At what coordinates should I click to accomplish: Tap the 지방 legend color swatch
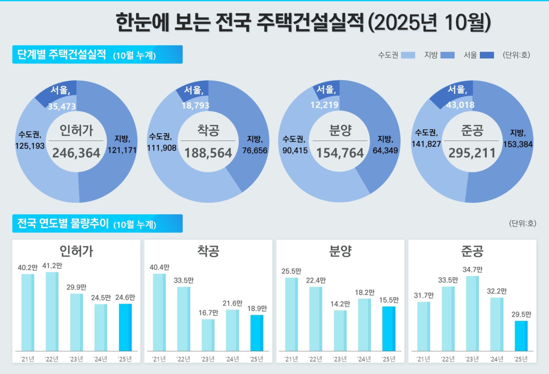[x=448, y=55]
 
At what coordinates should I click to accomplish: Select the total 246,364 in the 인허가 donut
[x=76, y=153]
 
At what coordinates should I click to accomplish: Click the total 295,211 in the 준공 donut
[x=473, y=153]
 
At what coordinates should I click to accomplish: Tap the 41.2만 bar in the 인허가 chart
[x=52, y=311]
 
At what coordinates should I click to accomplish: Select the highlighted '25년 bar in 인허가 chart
[x=125, y=327]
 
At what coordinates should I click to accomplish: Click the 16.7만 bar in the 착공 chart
[x=208, y=335]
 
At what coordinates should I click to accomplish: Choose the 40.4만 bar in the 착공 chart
[x=159, y=312]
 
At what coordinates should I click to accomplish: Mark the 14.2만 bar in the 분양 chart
[x=340, y=331]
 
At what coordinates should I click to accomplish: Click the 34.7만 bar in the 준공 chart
[x=472, y=313]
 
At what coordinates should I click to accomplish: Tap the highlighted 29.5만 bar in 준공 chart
[x=521, y=336]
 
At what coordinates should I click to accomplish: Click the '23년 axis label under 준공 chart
[x=472, y=359]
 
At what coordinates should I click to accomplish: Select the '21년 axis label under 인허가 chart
[x=27, y=359]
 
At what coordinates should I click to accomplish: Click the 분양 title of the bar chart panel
[x=340, y=251]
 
